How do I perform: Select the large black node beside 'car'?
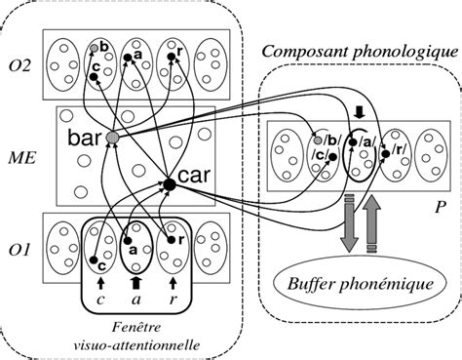coord(169,183)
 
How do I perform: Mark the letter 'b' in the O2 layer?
coord(103,46)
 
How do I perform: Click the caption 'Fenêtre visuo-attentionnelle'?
coord(134,334)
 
